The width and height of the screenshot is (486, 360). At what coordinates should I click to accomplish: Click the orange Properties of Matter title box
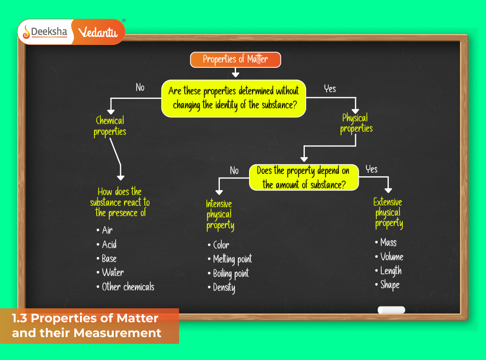click(235, 59)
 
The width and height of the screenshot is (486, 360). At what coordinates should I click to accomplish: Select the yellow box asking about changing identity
click(233, 98)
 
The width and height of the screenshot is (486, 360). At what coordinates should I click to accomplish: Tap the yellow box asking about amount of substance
click(304, 178)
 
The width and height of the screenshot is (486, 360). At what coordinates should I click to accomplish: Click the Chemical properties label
click(110, 126)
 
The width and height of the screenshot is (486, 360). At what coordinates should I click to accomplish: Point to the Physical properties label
click(356, 124)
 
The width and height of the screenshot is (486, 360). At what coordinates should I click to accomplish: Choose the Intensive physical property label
click(219, 215)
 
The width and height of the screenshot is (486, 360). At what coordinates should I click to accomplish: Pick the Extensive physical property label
click(388, 213)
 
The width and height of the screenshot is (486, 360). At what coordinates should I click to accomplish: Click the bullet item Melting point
click(232, 259)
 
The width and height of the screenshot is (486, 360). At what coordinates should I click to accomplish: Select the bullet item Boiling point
click(231, 273)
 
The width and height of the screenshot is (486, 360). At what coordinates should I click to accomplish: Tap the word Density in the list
click(224, 288)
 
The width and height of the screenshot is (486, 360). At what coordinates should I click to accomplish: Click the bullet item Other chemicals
click(128, 287)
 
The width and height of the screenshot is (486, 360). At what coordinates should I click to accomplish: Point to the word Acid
click(109, 244)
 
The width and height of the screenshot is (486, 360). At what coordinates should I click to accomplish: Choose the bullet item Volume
click(392, 257)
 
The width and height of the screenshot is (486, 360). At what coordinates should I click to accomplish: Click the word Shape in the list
click(390, 285)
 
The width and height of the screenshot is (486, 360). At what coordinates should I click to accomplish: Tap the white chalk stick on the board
click(391, 310)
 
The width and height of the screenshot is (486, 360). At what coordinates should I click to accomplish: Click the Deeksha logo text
click(49, 32)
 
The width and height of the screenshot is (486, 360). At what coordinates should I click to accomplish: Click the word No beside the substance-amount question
click(234, 170)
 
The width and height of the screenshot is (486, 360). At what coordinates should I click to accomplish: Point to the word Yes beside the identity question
click(330, 89)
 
